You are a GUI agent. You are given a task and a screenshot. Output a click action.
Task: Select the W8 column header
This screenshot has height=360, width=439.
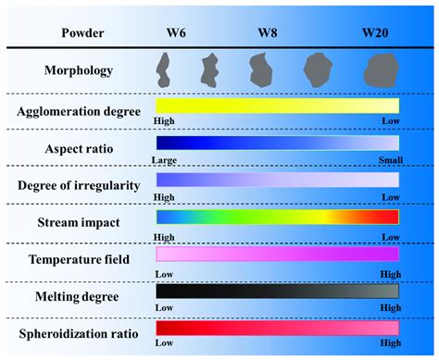(268, 32)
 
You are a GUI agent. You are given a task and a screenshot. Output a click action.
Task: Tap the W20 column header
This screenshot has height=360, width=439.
(376, 32)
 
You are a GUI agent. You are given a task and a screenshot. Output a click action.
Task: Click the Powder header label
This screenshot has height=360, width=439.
(82, 32)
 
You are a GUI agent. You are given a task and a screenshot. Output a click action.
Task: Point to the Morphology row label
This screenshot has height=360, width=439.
(79, 69)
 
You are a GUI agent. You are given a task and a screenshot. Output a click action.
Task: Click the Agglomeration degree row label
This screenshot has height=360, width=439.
(79, 112)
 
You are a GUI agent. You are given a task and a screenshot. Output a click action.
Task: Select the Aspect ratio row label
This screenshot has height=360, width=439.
(79, 149)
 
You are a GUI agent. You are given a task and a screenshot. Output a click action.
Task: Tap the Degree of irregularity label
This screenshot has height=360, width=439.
(79, 185)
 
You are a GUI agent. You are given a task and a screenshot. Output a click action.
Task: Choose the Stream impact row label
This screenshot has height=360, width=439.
(79, 222)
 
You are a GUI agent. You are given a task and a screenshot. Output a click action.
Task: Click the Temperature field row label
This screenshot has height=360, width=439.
(79, 259)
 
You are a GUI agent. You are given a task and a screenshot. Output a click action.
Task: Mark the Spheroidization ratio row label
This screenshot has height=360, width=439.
(79, 331)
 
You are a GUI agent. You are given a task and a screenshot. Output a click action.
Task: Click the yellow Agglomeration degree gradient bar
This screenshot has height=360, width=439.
(278, 106)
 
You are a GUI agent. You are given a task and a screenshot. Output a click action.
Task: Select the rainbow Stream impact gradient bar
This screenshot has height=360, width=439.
(278, 217)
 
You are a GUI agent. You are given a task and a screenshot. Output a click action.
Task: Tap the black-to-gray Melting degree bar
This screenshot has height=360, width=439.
(278, 290)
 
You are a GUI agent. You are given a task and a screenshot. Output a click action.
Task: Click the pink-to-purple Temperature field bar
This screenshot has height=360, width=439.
(278, 253)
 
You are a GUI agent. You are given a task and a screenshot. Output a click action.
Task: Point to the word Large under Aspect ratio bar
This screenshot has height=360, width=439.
(168, 160)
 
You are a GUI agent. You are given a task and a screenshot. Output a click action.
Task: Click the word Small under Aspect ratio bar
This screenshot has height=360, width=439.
(388, 160)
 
